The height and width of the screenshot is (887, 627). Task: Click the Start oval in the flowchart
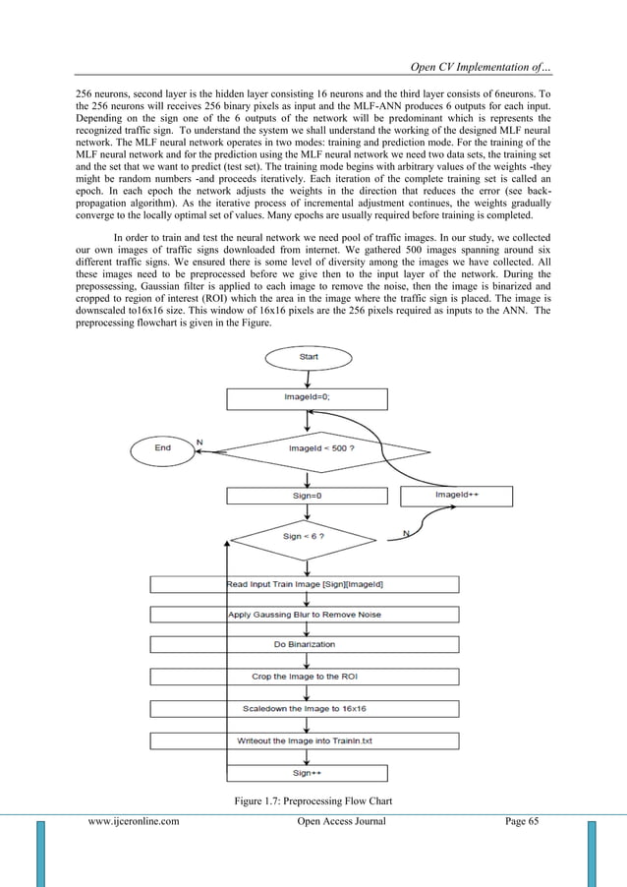pos(309,357)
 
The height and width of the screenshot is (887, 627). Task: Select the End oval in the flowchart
pos(163,448)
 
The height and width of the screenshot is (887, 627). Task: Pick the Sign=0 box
pos(309,497)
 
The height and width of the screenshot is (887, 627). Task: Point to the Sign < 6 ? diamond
pos(305,537)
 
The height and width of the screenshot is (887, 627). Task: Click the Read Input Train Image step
pos(305,585)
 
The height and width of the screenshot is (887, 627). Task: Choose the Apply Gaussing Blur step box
pos(305,615)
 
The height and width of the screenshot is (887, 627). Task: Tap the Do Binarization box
pos(305,645)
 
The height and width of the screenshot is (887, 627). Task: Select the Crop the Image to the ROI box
pos(305,677)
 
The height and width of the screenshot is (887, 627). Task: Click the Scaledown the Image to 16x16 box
pos(305,708)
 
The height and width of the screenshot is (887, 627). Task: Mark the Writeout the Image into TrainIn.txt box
pos(305,739)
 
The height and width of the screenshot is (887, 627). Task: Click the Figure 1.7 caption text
pos(313,801)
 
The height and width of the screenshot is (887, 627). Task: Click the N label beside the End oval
pos(199,443)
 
